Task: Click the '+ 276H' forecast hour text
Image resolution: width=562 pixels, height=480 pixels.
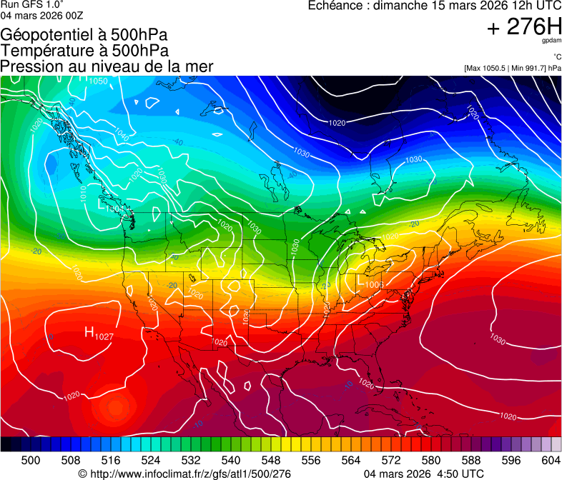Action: click(524, 27)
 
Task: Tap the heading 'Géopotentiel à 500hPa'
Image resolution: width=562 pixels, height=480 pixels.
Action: click(84, 35)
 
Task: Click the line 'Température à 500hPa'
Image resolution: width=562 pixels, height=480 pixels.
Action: click(84, 51)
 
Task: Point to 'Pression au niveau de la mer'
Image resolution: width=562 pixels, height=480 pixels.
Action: click(107, 66)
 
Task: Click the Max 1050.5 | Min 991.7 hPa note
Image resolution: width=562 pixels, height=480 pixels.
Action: click(513, 68)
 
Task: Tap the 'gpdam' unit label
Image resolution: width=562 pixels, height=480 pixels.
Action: click(553, 41)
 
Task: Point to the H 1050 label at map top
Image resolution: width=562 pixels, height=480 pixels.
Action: click(93, 81)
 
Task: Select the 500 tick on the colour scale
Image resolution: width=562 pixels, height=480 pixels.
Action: click(31, 460)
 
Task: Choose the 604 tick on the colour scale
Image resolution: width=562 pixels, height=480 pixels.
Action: click(551, 460)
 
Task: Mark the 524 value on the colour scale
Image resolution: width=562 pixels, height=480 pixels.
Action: click(151, 460)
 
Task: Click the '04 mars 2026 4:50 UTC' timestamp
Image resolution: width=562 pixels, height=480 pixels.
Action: click(424, 474)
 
